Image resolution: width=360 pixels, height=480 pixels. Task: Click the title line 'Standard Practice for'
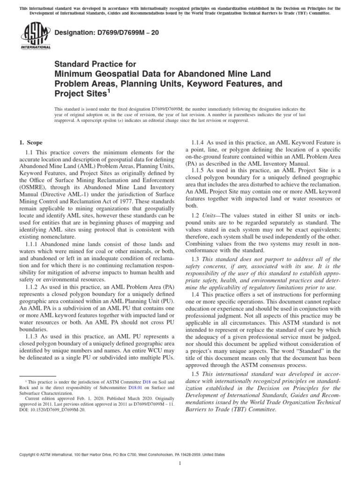click(96, 64)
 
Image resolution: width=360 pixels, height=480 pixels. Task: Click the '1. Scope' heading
click(30, 142)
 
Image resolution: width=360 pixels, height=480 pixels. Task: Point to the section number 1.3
click(195, 259)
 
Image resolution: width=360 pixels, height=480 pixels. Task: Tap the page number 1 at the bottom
click(180, 464)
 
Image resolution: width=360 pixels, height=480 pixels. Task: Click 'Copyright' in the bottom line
click(29, 454)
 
